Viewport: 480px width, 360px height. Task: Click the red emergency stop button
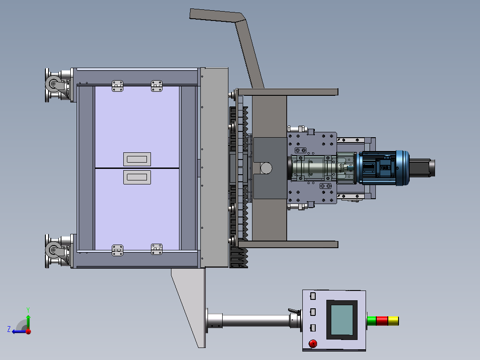coord(313,344)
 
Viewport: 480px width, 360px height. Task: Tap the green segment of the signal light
coord(372,321)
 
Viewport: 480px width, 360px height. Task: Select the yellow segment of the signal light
coord(393,321)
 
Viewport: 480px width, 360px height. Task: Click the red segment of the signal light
coord(382,321)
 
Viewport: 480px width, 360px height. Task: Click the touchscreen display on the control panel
coord(342,320)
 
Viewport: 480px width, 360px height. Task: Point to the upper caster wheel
coord(53,84)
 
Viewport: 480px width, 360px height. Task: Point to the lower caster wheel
coord(53,250)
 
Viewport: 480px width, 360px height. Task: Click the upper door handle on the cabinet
coord(137,159)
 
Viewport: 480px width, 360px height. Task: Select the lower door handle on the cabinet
coord(137,177)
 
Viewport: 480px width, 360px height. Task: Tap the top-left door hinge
coord(118,86)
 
